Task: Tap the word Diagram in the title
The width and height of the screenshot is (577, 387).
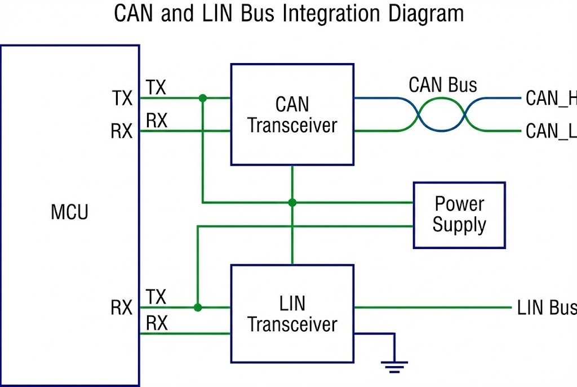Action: pyautogui.click(x=425, y=14)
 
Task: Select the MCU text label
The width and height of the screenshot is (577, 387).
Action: pyautogui.click(x=69, y=212)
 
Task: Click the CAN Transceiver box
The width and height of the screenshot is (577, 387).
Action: pyautogui.click(x=292, y=114)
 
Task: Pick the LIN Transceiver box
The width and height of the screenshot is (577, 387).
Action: pyautogui.click(x=292, y=314)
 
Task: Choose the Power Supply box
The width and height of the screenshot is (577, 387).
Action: pyautogui.click(x=459, y=215)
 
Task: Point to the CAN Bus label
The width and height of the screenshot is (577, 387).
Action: pyautogui.click(x=442, y=85)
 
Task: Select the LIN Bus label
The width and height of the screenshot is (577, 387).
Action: pyautogui.click(x=546, y=308)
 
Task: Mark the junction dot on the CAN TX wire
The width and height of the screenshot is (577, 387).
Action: pyautogui.click(x=203, y=98)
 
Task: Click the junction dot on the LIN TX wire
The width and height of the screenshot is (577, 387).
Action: pyautogui.click(x=197, y=308)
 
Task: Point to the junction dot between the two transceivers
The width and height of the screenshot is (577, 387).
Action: pyautogui.click(x=292, y=202)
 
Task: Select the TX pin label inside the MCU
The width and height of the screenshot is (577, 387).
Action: pyautogui.click(x=121, y=99)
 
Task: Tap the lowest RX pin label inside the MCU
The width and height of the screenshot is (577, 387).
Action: pyautogui.click(x=121, y=308)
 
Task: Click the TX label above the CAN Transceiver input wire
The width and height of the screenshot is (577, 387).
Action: pyautogui.click(x=156, y=87)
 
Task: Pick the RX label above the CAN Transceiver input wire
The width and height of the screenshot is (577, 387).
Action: pyautogui.click(x=156, y=121)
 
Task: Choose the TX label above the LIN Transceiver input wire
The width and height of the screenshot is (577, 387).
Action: pyautogui.click(x=156, y=297)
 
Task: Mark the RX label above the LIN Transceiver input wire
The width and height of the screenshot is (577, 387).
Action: pyautogui.click(x=156, y=323)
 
